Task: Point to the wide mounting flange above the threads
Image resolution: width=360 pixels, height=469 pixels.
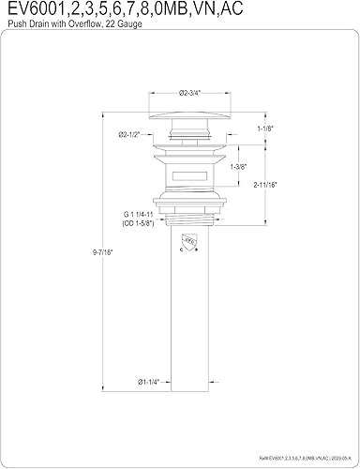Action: [x=184, y=204]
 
